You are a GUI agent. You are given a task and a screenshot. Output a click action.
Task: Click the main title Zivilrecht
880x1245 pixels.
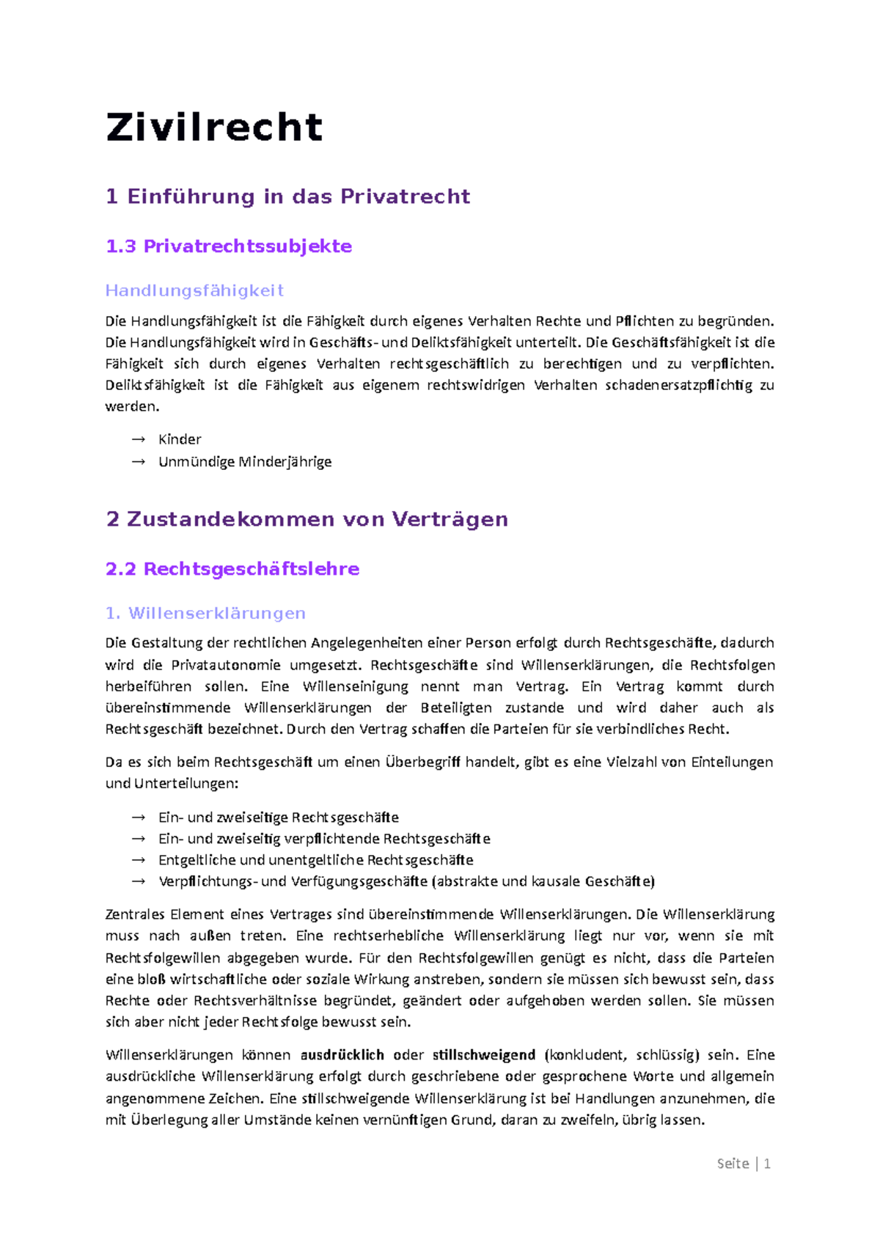point(214,128)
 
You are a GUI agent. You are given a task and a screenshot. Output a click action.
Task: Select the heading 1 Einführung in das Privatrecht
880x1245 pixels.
point(287,197)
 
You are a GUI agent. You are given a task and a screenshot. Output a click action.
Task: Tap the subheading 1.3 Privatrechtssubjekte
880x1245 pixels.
point(228,246)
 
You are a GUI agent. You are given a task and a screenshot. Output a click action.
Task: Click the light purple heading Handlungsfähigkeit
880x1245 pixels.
point(194,291)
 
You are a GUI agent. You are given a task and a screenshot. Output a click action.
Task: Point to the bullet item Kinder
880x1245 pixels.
point(180,439)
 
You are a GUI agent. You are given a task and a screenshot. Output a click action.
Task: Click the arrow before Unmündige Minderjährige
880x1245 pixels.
point(138,462)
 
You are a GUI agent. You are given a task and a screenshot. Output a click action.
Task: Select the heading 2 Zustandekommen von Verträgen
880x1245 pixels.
point(307,519)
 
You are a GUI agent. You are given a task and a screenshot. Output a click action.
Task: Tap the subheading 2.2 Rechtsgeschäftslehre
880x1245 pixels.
point(232,569)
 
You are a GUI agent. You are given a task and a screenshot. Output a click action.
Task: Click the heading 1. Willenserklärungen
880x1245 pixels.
point(205,613)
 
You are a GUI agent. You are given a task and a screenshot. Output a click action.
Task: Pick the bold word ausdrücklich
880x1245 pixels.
point(342,1055)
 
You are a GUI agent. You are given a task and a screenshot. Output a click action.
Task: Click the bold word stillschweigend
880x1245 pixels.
point(484,1055)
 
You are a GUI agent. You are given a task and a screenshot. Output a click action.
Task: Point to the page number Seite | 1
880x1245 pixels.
point(743,1164)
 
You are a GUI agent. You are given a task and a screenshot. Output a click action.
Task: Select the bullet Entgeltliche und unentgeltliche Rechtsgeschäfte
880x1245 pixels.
point(315,860)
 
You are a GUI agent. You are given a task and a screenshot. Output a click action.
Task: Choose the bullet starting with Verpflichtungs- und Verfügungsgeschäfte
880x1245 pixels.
point(406,881)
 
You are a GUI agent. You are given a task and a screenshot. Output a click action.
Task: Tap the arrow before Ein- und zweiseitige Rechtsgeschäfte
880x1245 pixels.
point(138,818)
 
